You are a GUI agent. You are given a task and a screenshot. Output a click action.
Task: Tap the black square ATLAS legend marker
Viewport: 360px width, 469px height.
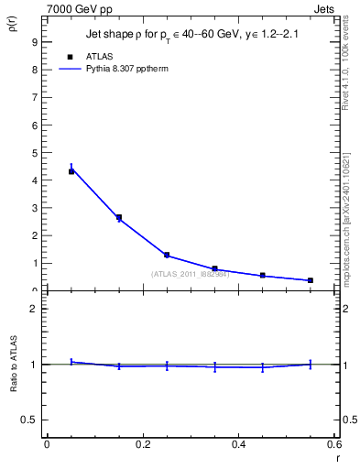point(71,57)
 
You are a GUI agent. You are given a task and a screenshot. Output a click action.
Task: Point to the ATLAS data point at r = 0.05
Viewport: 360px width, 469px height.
point(71,171)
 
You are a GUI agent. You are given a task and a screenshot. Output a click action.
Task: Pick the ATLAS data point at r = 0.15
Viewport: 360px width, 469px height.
point(119,217)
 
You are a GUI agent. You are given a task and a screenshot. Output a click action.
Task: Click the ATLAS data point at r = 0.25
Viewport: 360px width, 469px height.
point(167,255)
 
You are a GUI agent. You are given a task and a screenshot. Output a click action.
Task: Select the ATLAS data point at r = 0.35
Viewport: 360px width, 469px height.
point(214,268)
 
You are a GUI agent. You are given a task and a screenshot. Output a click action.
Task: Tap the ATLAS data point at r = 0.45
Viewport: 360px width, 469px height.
point(262,275)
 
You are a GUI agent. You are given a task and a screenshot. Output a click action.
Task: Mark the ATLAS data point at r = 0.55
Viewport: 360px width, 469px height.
point(311,280)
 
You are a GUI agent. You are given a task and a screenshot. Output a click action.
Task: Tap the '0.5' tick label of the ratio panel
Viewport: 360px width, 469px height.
point(30,420)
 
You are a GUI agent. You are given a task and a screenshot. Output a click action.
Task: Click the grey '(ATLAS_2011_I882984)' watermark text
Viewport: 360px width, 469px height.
point(191,274)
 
